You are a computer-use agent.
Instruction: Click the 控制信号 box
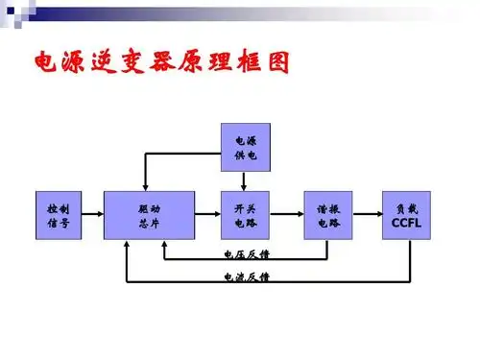click(57, 215)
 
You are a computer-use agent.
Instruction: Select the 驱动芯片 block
click(150, 215)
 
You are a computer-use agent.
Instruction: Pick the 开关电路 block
click(245, 215)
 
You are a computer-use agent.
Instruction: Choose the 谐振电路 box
click(327, 215)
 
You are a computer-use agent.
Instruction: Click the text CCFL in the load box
click(407, 224)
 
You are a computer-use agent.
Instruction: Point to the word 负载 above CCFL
click(407, 207)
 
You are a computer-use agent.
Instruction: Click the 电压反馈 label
click(241, 255)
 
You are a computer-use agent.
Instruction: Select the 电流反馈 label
click(241, 277)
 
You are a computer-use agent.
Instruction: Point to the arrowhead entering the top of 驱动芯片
click(145, 186)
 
